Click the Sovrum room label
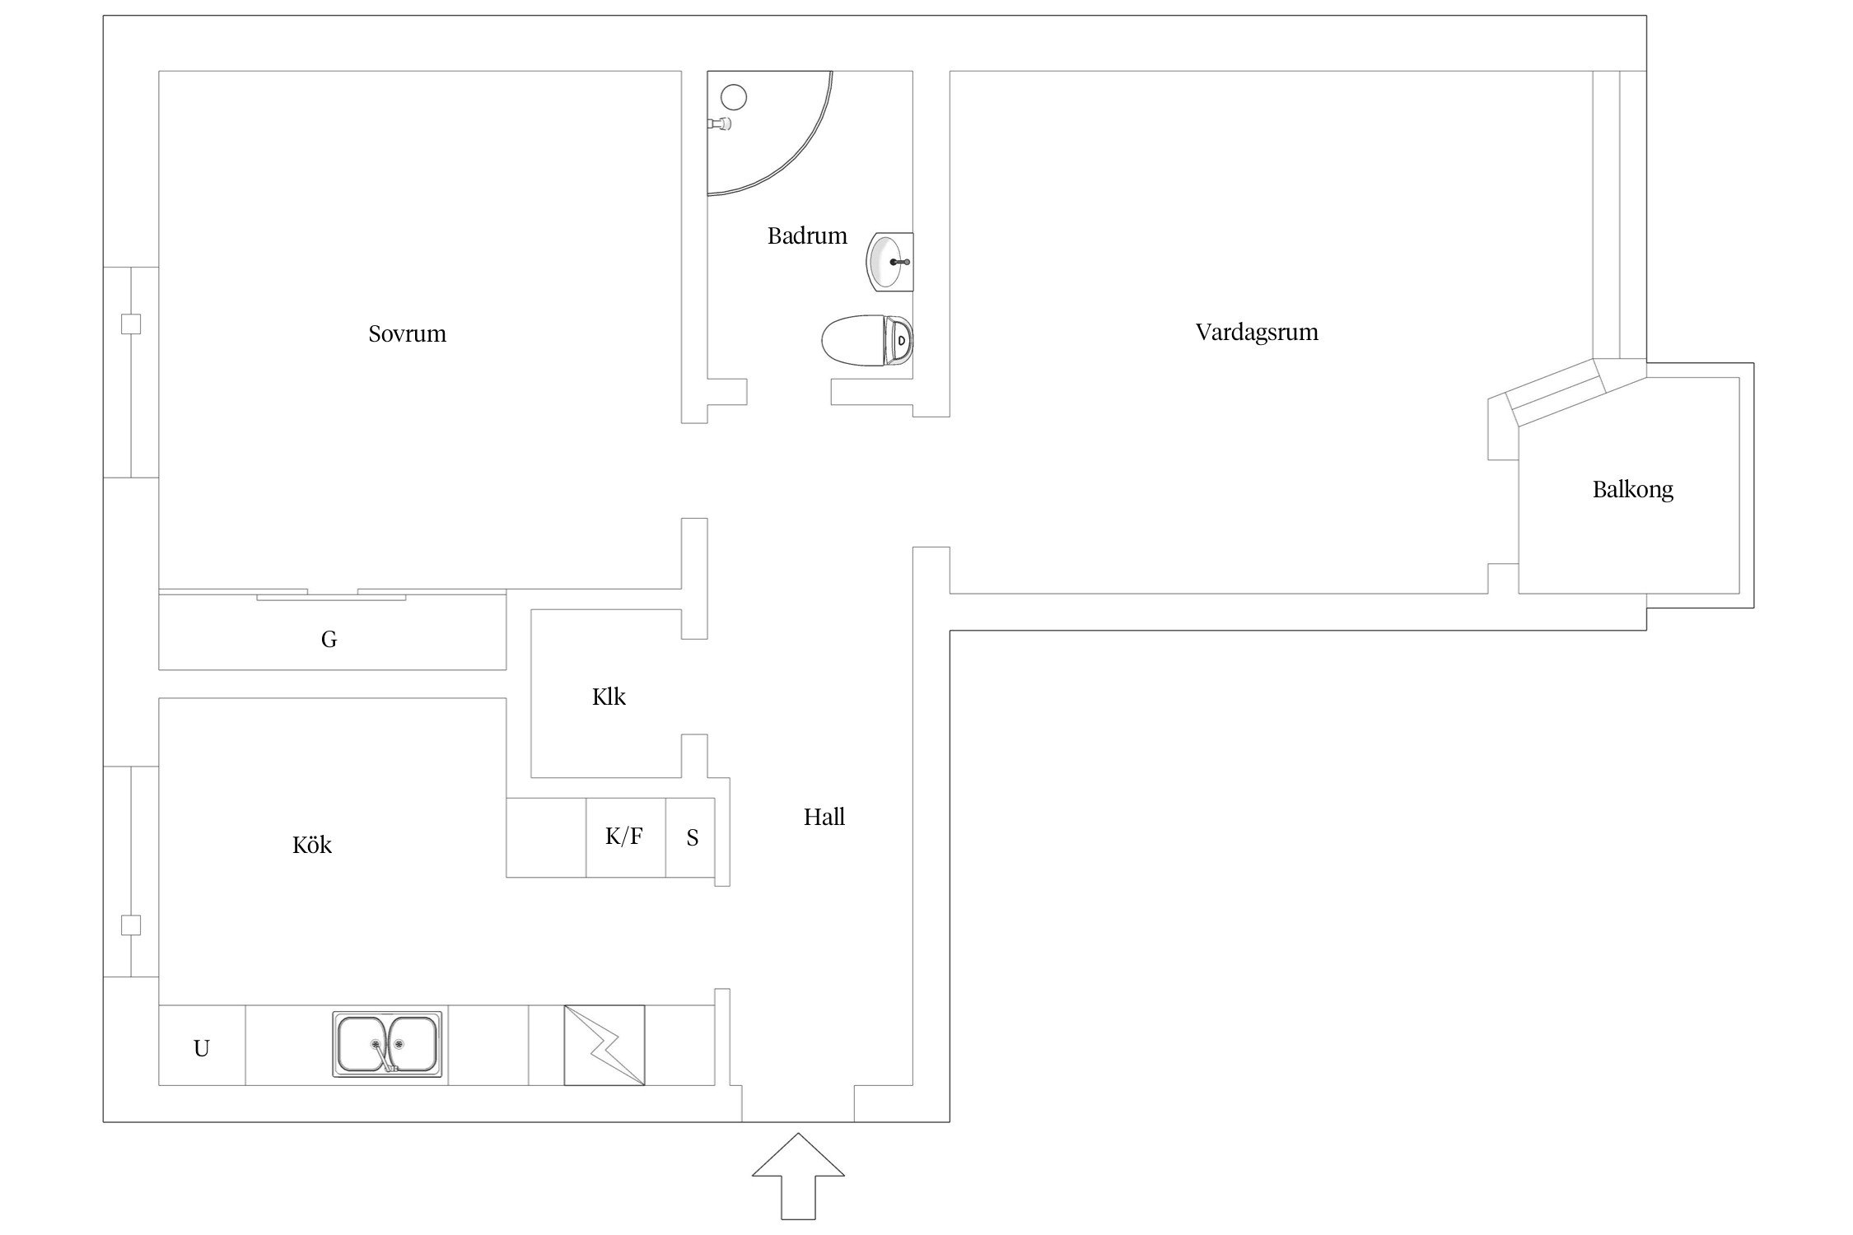point(407,333)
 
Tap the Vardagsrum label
point(1257,333)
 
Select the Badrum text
point(807,236)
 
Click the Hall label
point(824,817)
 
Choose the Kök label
point(312,844)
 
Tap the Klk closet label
point(609,697)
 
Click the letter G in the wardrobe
point(329,639)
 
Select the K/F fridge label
point(624,837)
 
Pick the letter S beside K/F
point(693,837)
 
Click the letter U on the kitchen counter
point(202,1048)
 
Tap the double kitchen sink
point(387,1044)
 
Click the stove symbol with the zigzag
point(604,1045)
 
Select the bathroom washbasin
point(890,262)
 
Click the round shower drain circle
point(734,98)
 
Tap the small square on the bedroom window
point(131,324)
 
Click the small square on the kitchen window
point(131,925)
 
